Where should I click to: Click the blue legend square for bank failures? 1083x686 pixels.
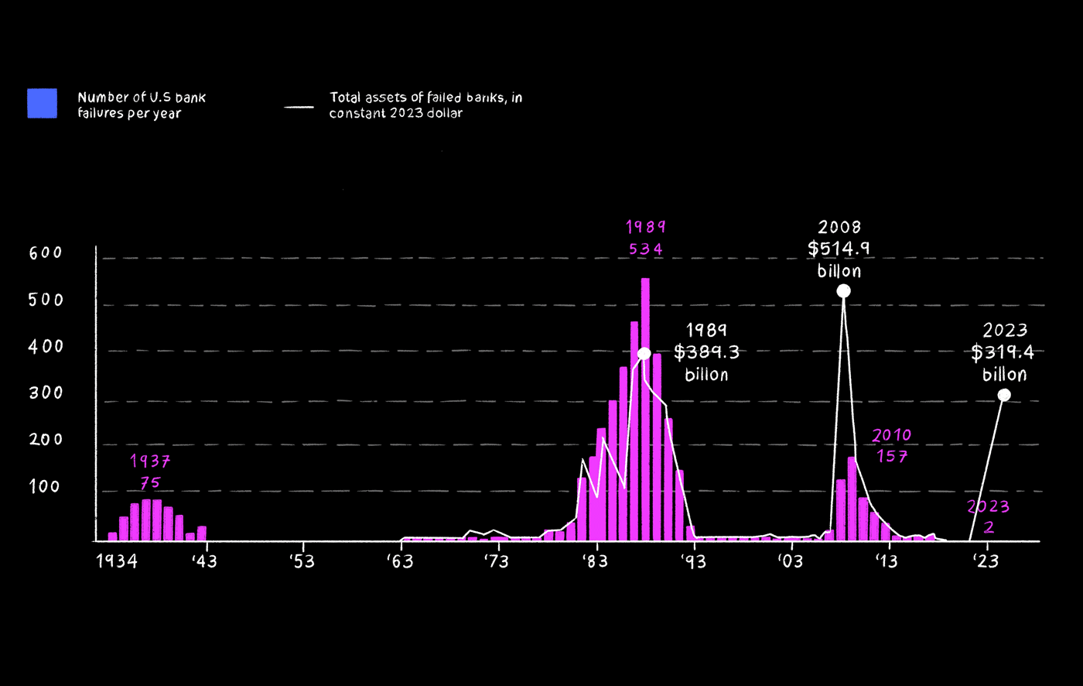42,103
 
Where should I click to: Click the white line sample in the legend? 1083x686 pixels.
299,107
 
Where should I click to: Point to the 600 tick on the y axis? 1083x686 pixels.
46,253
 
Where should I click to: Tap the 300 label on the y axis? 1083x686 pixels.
46,393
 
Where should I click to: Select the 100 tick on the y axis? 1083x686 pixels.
46,487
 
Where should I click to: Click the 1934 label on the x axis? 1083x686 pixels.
117,561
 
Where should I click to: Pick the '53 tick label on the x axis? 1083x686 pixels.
302,561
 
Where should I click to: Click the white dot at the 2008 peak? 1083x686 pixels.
843,291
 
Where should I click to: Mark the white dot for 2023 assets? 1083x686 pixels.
1004,395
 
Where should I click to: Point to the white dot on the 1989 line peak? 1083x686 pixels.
644,354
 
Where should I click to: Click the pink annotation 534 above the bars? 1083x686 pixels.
645,249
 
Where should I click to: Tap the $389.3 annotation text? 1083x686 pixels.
706,353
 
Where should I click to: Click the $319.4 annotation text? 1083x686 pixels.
1004,353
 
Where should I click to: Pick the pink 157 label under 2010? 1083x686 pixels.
892,456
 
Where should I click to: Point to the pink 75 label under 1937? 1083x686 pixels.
150,483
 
